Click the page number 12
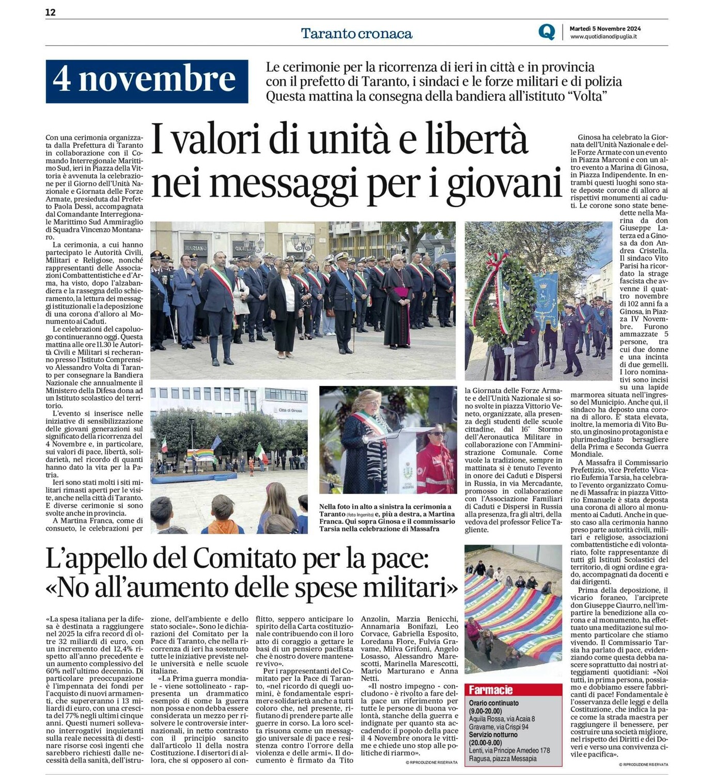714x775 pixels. pos(50,12)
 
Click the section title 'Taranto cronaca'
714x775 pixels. pos(356,34)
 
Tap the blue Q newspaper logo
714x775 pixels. pos(546,32)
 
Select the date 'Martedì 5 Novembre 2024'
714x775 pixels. pos(605,29)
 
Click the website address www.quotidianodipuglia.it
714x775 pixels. pos(603,37)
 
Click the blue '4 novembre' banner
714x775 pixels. pos(147,81)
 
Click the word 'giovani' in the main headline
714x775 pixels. pos(505,183)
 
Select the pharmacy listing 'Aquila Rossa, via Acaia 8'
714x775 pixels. pos(502,719)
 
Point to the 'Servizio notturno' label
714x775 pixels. pos(493,735)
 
